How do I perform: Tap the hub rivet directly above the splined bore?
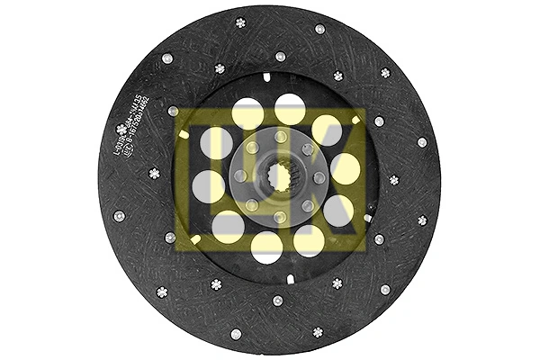point(280,137)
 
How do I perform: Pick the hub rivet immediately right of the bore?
point(319,177)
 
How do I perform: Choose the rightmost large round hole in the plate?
point(345,168)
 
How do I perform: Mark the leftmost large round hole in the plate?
point(209,186)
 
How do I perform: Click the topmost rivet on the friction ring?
point(240,23)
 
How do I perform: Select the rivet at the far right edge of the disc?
point(422,142)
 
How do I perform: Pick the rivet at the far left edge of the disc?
point(119,216)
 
